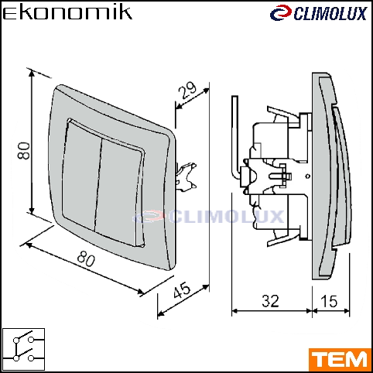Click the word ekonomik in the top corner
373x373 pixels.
click(x=67, y=13)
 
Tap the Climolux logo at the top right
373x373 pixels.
click(x=319, y=13)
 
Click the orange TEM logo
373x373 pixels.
click(x=340, y=359)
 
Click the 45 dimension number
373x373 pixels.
click(x=182, y=289)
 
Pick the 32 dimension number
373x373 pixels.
click(x=270, y=301)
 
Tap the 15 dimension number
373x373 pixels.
click(x=329, y=301)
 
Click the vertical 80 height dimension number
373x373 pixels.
click(x=24, y=151)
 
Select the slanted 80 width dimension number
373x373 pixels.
click(x=86, y=258)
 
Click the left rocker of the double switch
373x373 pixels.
click(x=81, y=176)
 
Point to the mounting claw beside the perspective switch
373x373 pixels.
click(x=186, y=177)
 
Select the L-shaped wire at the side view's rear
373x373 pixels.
click(x=235, y=138)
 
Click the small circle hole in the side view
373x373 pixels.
click(x=307, y=176)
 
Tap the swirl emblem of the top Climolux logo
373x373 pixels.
click(x=281, y=13)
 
